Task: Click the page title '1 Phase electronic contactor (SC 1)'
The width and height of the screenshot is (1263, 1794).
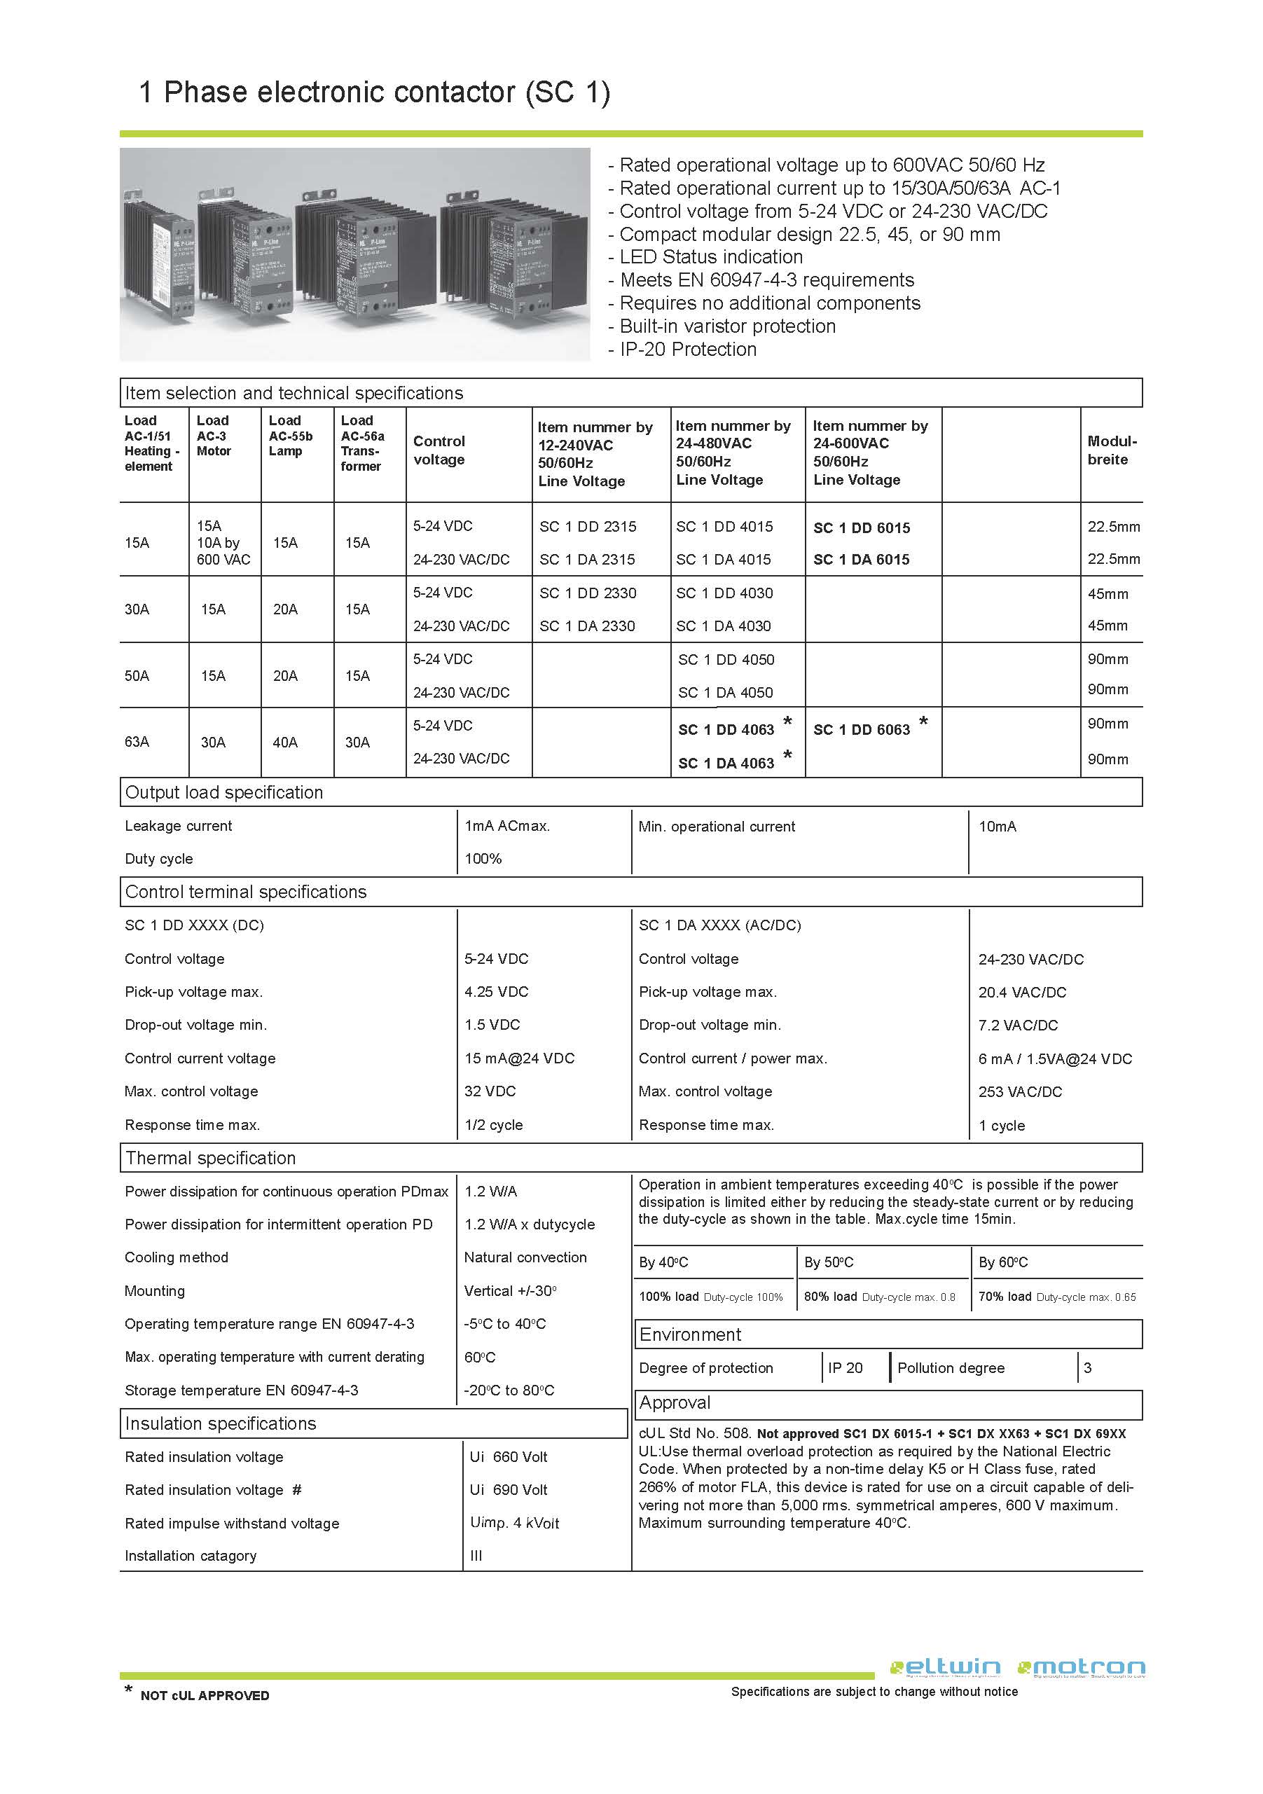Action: (x=373, y=92)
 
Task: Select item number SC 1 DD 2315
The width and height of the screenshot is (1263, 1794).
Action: (x=588, y=527)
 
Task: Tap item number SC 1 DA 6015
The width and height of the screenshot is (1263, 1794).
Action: (x=862, y=560)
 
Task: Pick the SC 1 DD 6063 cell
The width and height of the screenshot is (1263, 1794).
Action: (x=862, y=730)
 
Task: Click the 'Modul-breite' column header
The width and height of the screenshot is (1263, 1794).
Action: (x=1112, y=450)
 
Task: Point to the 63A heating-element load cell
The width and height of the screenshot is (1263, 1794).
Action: (x=137, y=742)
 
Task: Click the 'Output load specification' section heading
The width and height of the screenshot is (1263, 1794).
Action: (x=223, y=792)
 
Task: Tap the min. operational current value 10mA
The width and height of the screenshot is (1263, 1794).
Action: (x=998, y=827)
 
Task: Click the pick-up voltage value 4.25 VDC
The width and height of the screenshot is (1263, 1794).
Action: (x=496, y=991)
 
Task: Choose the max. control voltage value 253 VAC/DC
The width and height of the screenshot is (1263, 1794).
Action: (x=1020, y=1091)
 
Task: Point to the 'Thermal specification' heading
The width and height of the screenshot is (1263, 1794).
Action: (x=210, y=1158)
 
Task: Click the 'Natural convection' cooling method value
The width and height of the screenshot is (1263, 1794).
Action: (x=525, y=1257)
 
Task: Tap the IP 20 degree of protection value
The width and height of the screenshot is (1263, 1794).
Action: (x=845, y=1368)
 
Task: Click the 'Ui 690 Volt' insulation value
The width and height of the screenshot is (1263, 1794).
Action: (x=508, y=1490)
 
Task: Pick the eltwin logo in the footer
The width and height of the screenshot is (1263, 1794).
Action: (x=945, y=1667)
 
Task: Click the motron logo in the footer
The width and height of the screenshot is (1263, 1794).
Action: (x=1082, y=1667)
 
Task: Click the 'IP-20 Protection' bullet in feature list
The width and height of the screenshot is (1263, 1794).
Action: (x=687, y=350)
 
